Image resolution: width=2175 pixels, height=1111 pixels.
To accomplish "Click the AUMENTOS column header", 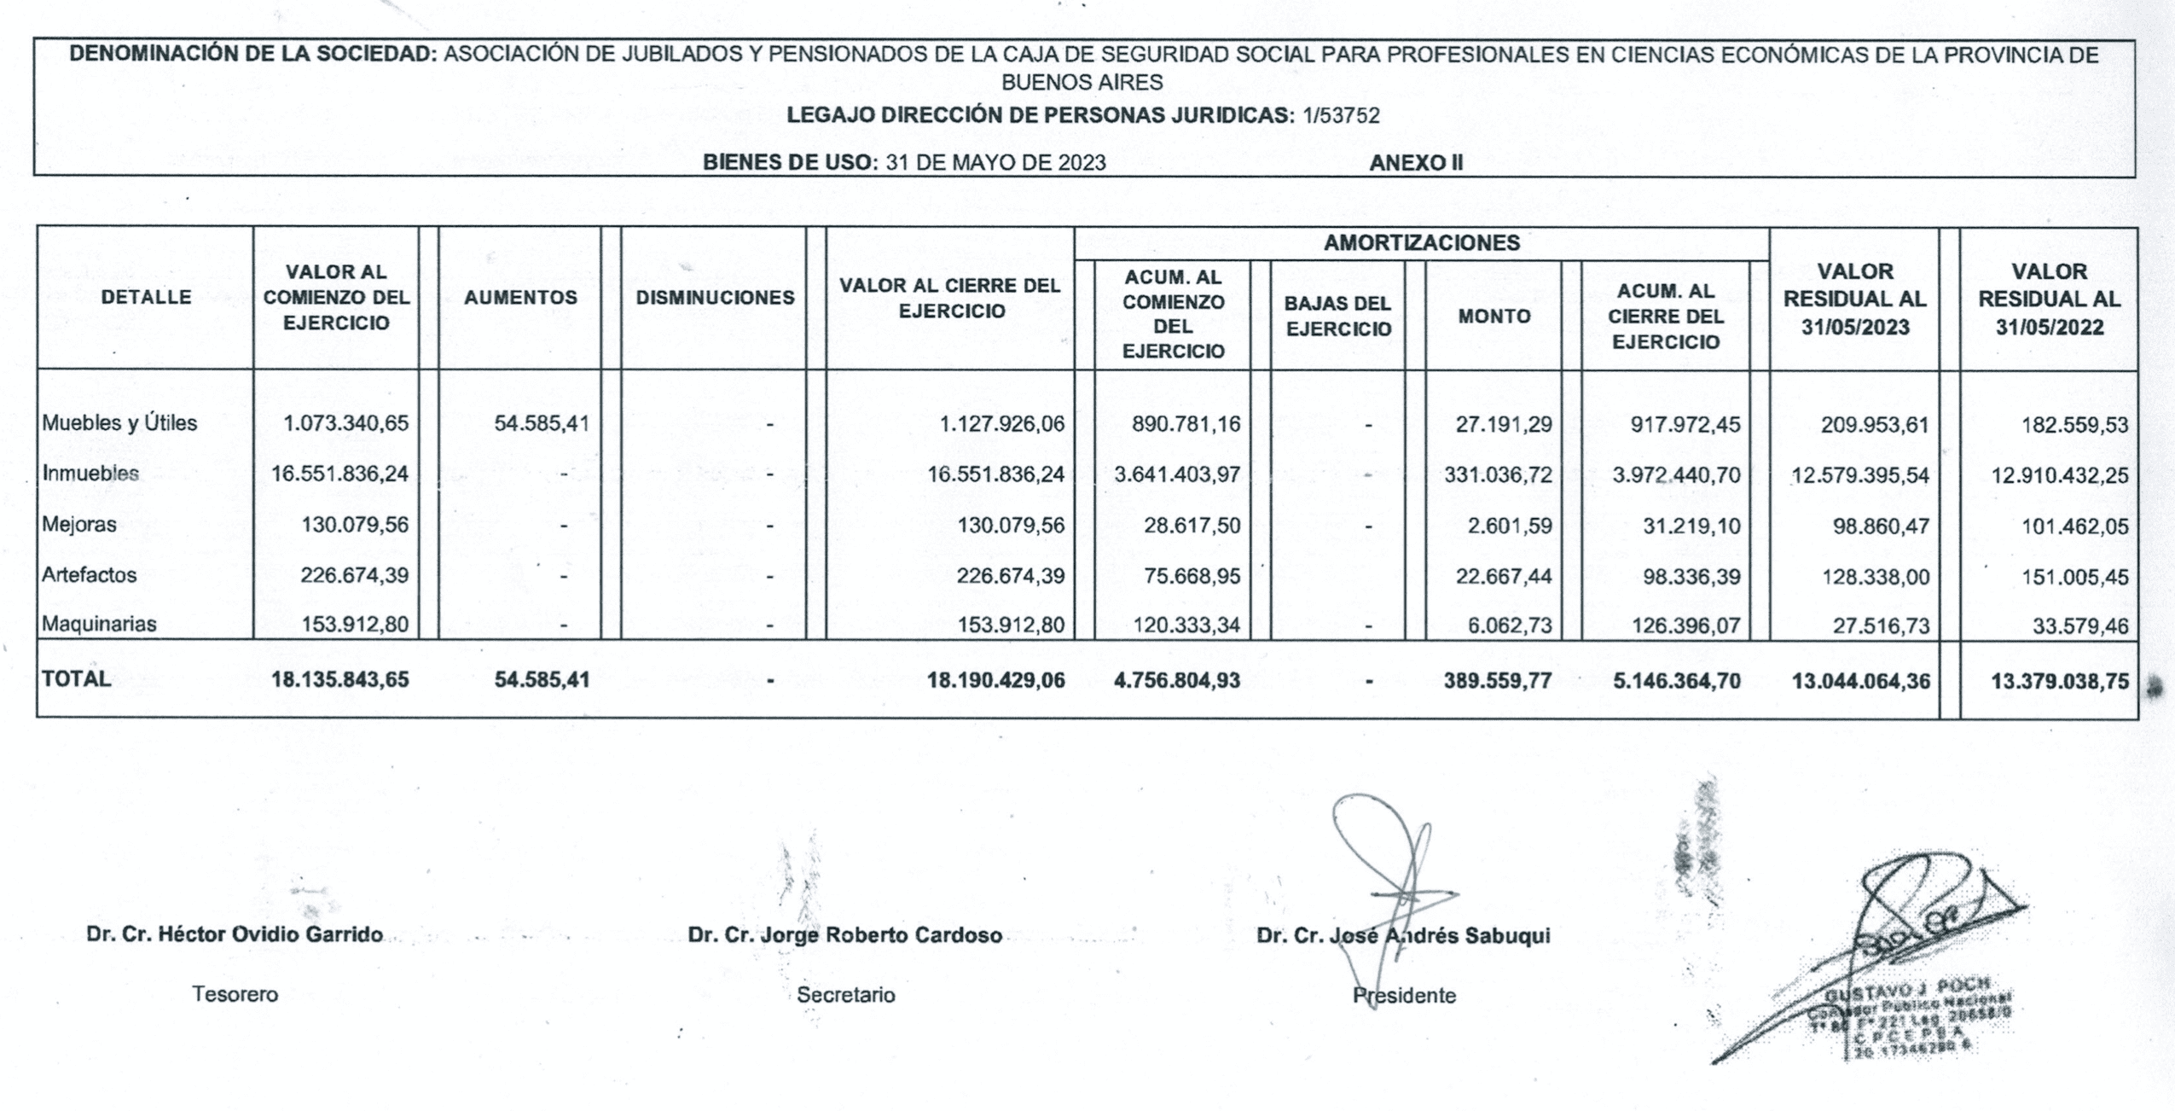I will [520, 297].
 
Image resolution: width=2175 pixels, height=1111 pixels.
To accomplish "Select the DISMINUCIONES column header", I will [715, 297].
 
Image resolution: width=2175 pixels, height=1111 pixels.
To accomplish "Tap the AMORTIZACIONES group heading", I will [1421, 243].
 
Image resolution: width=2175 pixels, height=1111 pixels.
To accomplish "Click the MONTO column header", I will [1493, 316].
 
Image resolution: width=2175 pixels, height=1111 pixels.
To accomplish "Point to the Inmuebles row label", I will [90, 473].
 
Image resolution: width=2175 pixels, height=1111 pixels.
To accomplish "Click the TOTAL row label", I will [77, 678].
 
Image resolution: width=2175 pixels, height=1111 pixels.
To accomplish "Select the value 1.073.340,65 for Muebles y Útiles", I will [346, 423].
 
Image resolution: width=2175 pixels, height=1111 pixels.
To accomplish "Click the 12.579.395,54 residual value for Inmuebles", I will [1859, 475].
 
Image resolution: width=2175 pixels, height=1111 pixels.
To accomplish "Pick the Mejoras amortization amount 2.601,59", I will [1510, 526].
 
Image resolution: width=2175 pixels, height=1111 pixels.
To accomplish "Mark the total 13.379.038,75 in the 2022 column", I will [2059, 681].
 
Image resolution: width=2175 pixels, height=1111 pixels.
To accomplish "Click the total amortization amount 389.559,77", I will [1498, 681].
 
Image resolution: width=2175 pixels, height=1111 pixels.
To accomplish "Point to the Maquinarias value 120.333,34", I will [1186, 625].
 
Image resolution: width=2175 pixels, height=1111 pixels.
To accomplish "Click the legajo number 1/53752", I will [1341, 115].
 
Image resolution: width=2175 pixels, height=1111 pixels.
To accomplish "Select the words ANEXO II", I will [1416, 163].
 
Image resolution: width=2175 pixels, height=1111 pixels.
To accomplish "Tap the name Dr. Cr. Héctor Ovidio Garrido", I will [235, 934].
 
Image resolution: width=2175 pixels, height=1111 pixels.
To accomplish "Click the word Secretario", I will [846, 995].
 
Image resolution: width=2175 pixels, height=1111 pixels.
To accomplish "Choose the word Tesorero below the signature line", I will [235, 994].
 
